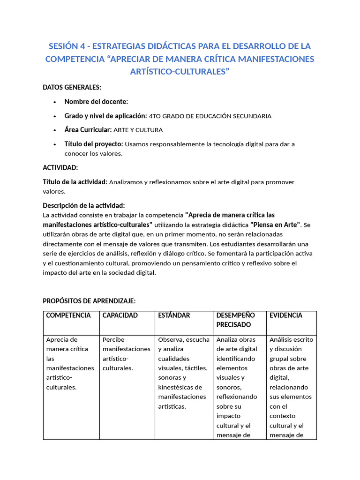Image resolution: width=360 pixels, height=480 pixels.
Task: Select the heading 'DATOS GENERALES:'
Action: (72, 87)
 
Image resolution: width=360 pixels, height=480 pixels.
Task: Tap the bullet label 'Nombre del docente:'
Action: (96, 102)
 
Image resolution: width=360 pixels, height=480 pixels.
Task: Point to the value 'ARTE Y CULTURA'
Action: (138, 130)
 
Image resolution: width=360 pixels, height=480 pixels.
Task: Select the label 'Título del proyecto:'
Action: (94, 144)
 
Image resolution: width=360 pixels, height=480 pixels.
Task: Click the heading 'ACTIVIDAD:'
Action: (60, 168)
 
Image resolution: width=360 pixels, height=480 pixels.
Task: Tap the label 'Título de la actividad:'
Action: (75, 182)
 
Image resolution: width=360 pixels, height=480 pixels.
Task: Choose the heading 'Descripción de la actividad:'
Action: (84, 205)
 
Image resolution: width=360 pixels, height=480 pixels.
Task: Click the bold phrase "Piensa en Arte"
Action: (276, 225)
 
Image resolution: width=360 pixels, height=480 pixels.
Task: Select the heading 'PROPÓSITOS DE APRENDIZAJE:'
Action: (89, 301)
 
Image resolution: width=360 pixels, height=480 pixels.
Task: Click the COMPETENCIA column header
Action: (68, 315)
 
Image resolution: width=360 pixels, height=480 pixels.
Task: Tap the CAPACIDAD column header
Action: (120, 315)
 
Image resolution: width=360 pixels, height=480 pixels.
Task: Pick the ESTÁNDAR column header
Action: (174, 315)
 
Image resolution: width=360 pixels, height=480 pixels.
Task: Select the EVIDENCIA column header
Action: (286, 315)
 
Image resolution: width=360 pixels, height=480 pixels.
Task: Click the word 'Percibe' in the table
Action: (113, 339)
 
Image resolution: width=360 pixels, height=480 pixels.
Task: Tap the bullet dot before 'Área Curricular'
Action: (55, 130)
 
